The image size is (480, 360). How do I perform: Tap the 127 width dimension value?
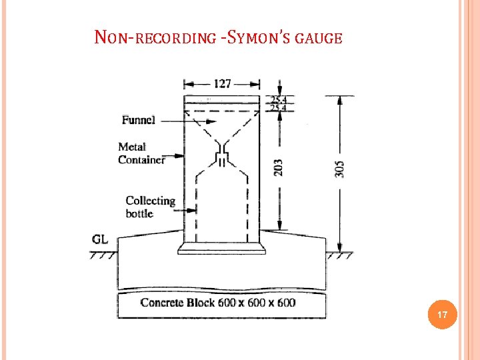222,83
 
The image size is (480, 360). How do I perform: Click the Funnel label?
139,120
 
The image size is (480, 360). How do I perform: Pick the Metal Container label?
141,153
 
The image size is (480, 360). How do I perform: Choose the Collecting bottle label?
150,207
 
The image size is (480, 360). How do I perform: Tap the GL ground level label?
102,239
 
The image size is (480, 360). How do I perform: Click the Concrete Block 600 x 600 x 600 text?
218,303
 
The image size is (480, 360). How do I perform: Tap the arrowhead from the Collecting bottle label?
195,211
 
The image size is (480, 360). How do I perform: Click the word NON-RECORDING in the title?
151,37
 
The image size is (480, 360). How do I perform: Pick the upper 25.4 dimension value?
278,99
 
